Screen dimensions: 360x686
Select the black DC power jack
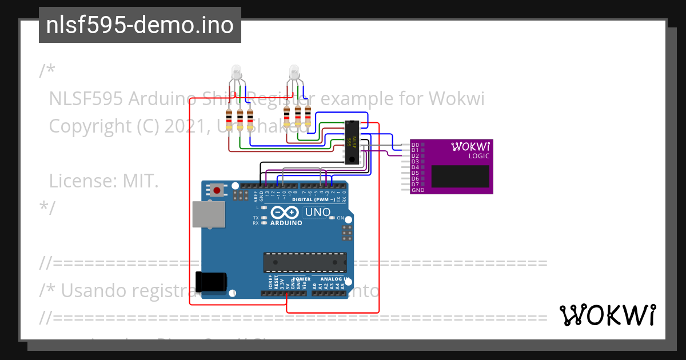(211, 282)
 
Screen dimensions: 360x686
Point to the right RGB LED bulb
(294, 73)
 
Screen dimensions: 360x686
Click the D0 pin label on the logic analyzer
(415, 145)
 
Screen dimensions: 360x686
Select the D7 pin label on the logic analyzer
(415, 185)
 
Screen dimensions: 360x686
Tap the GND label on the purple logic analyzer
(417, 190)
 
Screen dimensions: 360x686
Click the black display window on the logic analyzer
(460, 177)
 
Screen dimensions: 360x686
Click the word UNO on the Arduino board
(318, 213)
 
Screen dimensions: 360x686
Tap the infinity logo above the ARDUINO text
(286, 213)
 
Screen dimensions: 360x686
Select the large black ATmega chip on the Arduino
(304, 262)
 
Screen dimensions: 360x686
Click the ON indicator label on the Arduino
(340, 218)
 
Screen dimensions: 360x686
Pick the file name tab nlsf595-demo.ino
(140, 25)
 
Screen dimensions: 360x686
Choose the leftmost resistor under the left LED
(229, 120)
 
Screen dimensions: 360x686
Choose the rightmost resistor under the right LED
(308, 117)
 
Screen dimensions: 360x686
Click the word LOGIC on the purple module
(478, 156)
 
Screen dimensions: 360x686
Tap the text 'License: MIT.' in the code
(103, 181)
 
